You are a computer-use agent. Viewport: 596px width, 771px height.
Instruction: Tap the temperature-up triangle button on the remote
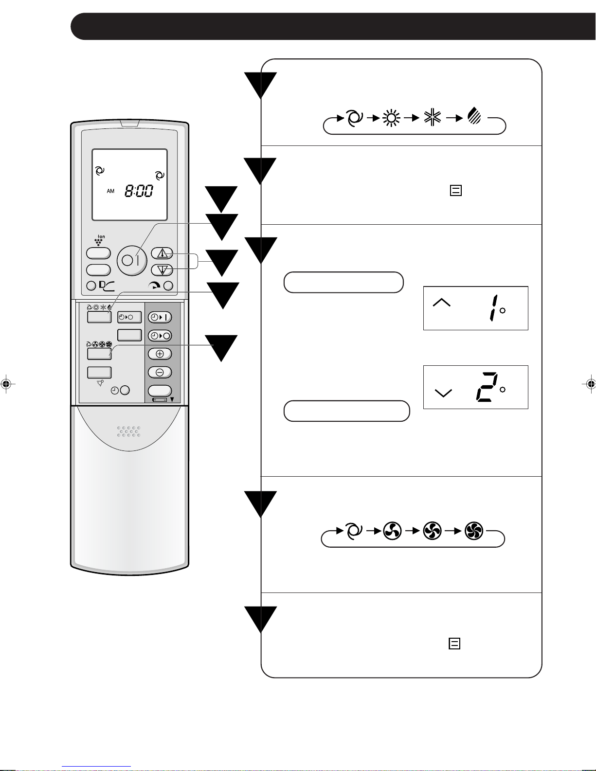point(163,253)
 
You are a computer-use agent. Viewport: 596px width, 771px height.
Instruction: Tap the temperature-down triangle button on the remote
point(163,269)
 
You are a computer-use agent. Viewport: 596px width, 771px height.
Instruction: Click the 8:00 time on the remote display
point(139,191)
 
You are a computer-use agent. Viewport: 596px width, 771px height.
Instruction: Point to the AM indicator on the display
point(110,191)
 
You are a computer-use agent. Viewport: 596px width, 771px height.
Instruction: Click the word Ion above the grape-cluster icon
point(101,237)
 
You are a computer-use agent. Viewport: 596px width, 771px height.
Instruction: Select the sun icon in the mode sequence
point(392,118)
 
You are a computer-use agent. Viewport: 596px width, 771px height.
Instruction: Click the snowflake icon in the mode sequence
point(432,118)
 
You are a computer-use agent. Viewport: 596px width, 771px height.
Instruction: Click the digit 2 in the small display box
point(486,387)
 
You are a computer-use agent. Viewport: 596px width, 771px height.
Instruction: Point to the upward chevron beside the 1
point(441,303)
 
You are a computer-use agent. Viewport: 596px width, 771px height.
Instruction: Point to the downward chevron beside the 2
point(443,393)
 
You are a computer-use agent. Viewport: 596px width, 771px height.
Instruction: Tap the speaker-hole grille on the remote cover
point(129,431)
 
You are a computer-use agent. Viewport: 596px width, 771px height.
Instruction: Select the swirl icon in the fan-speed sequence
point(354,531)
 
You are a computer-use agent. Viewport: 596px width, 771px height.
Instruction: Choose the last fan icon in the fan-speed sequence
point(473,531)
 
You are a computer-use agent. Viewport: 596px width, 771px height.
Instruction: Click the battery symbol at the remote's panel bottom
point(159,400)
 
